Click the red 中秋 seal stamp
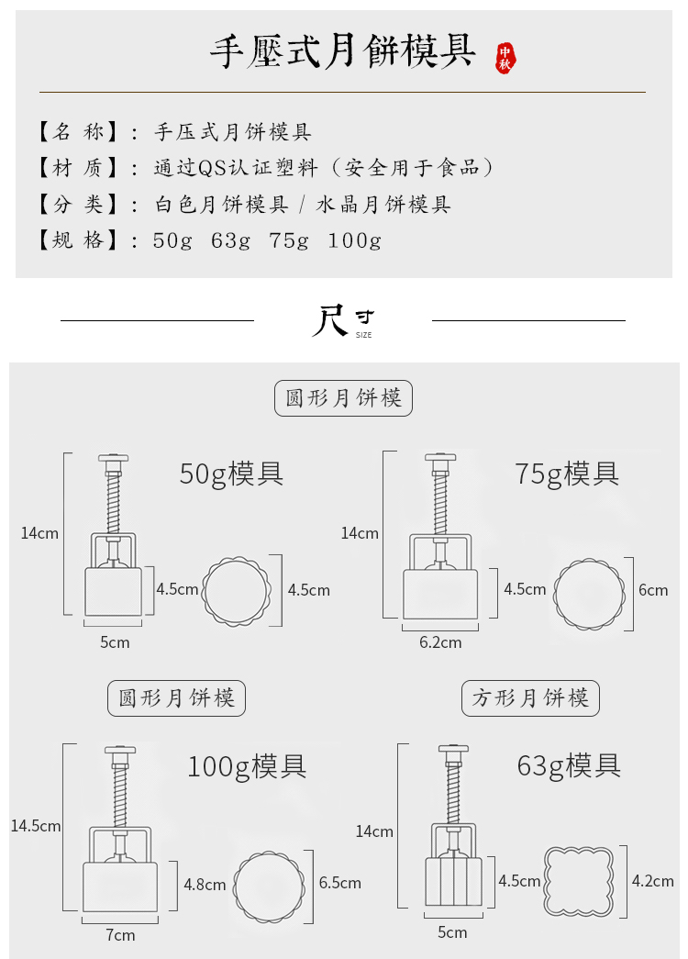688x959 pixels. pyautogui.click(x=505, y=57)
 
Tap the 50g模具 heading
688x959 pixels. pyautogui.click(x=231, y=474)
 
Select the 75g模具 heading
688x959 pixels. pyautogui.click(x=567, y=474)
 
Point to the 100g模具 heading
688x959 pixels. pyautogui.click(x=247, y=765)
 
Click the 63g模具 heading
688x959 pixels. pyautogui.click(x=569, y=764)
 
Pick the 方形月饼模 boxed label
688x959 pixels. pyautogui.click(x=530, y=698)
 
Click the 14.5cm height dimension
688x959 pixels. pyautogui.click(x=36, y=826)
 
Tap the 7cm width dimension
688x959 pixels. pyautogui.click(x=120, y=935)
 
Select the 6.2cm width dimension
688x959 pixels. pyautogui.click(x=440, y=642)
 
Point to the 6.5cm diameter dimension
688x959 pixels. pyautogui.click(x=340, y=883)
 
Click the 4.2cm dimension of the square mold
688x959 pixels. pyautogui.click(x=653, y=881)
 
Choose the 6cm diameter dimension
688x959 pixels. pyautogui.click(x=653, y=589)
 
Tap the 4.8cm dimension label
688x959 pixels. pyautogui.click(x=205, y=885)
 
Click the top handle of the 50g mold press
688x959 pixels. pyautogui.click(x=113, y=457)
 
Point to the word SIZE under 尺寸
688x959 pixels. pyautogui.click(x=364, y=336)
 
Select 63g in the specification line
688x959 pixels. pyautogui.click(x=231, y=240)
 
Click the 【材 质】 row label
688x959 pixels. pyautogui.click(x=78, y=168)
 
